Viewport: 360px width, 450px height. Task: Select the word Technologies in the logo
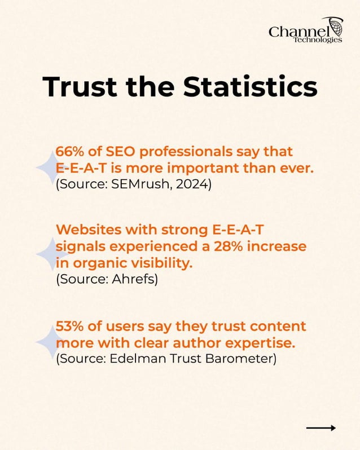(322, 40)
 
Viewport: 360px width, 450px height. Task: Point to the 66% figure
(68, 152)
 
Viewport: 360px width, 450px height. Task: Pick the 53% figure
(68, 327)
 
